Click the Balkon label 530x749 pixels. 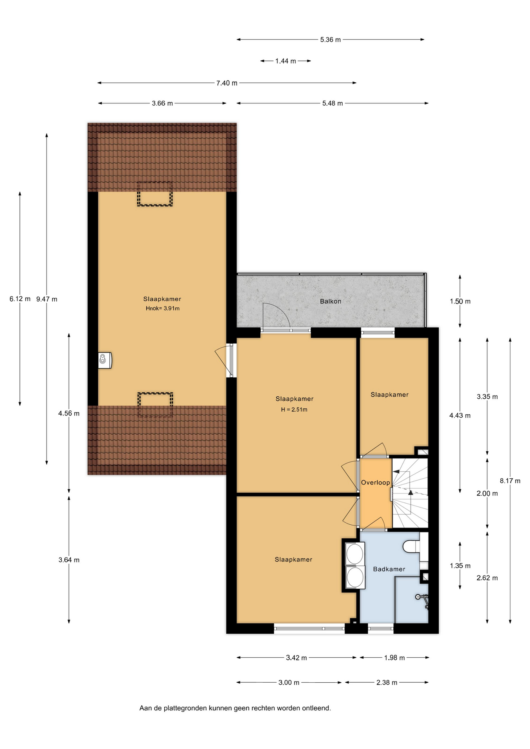point(330,301)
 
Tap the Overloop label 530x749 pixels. point(375,483)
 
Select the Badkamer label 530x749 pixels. point(389,569)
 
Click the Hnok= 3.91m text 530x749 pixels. point(163,308)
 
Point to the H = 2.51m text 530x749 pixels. point(294,410)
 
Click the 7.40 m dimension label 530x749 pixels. point(227,83)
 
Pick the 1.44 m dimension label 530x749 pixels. point(286,61)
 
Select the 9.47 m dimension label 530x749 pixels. point(47,299)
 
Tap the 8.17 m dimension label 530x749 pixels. point(510,481)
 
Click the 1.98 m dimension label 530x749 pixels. point(395,658)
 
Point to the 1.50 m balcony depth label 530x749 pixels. point(460,301)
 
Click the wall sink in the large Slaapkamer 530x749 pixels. point(105,360)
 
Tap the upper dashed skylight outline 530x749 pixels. point(155,194)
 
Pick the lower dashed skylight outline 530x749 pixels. point(155,405)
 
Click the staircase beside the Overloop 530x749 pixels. point(410,493)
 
